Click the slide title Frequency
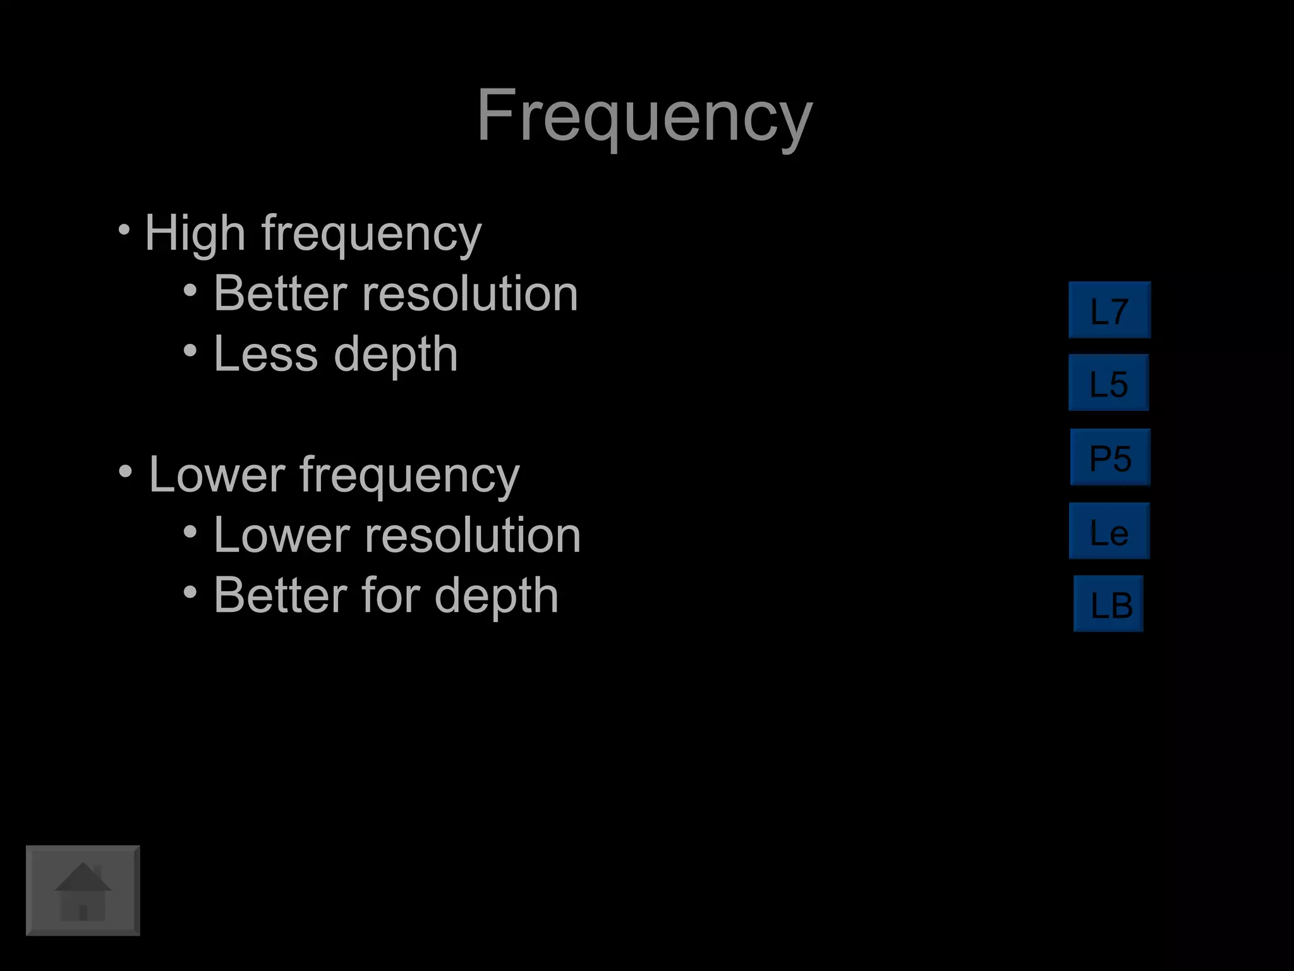tap(644, 117)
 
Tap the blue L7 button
tap(1110, 310)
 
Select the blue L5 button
tap(1109, 383)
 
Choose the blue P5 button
tap(1110, 457)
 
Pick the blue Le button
tap(1109, 531)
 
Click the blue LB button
tap(1109, 604)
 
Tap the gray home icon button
tap(83, 890)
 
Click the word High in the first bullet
tap(195, 233)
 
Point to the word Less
tap(266, 354)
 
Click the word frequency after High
tap(372, 235)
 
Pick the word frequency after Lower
tap(409, 475)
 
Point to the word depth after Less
tap(396, 355)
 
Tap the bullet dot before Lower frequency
tap(125, 471)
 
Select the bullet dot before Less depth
tap(190, 350)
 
